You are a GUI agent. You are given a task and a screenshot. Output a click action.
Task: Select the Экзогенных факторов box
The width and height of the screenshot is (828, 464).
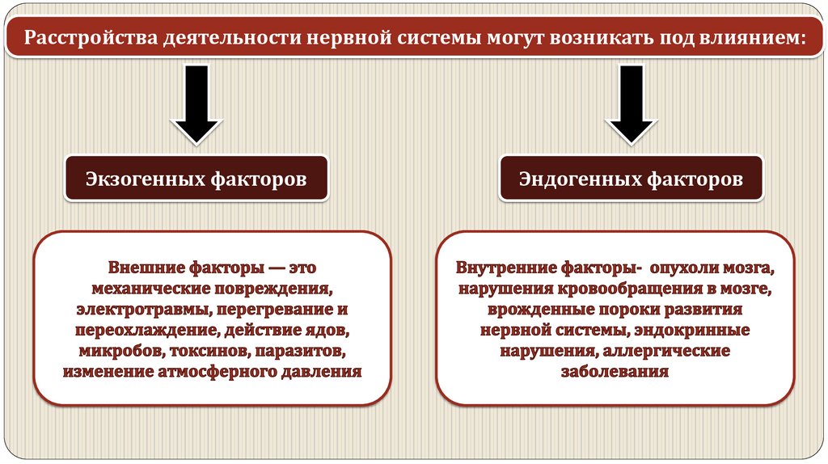tap(196, 179)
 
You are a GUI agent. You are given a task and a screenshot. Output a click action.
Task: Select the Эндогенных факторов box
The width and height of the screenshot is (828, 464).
tap(631, 179)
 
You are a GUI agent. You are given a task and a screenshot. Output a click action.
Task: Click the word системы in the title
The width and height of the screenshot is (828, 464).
tap(438, 38)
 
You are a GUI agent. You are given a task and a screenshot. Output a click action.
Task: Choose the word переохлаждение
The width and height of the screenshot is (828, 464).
tap(135, 331)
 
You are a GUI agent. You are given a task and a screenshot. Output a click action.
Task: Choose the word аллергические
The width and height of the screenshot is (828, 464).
tap(665, 352)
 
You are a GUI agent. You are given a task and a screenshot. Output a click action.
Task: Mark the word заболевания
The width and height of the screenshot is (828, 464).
tap(615, 373)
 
